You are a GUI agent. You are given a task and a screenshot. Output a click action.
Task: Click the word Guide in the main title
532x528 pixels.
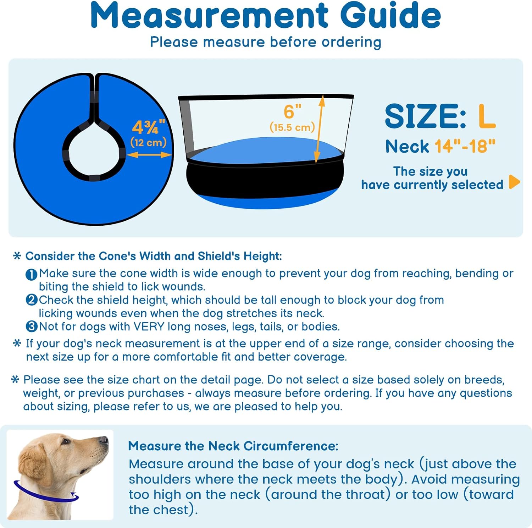tap(390, 16)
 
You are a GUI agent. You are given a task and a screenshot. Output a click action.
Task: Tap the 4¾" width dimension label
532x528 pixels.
tap(149, 127)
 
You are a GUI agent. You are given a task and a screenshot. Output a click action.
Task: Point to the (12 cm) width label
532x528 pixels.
tap(149, 143)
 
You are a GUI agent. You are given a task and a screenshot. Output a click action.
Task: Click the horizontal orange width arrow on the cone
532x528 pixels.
tap(149, 155)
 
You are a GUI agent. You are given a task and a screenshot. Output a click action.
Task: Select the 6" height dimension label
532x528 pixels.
tap(292, 111)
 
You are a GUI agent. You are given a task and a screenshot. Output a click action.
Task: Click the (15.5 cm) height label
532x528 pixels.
tap(292, 127)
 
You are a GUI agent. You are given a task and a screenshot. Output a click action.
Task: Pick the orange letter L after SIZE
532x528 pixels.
tap(487, 116)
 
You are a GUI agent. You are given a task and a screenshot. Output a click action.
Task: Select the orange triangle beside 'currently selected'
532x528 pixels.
tap(514, 182)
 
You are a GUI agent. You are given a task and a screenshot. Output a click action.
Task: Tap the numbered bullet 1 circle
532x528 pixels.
tap(31, 274)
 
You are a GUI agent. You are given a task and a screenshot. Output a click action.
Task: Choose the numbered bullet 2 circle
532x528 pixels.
tap(31, 300)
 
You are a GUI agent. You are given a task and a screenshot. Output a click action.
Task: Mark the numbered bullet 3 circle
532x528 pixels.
tap(31, 326)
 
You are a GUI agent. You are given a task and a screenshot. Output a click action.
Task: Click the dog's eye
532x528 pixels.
tap(65, 442)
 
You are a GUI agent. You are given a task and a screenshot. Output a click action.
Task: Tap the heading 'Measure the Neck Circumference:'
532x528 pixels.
tap(233, 446)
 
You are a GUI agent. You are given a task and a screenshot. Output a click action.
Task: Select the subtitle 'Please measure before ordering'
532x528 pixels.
tap(266, 42)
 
